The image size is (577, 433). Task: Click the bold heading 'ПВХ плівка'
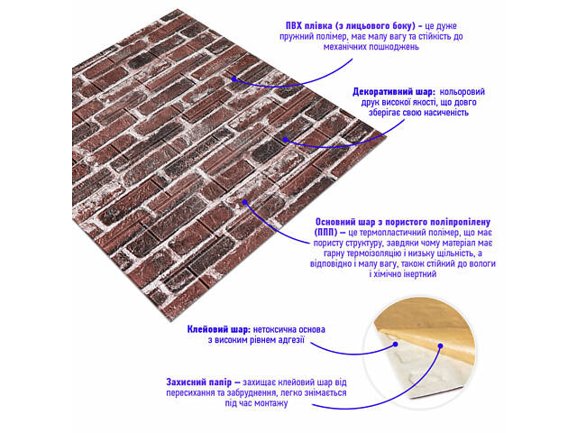[308, 26]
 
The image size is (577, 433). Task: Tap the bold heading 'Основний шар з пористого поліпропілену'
[403, 222]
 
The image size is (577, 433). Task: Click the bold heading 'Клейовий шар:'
[219, 329]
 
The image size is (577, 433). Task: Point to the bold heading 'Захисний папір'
[198, 382]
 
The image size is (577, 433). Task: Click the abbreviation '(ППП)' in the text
[325, 233]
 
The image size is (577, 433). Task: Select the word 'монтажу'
[272, 403]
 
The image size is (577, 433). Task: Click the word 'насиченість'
[446, 113]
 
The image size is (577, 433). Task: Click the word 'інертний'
[420, 274]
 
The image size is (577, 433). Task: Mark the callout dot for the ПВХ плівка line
[234, 78]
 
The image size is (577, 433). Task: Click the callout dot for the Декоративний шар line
[285, 139]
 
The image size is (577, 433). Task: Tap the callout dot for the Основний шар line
[245, 202]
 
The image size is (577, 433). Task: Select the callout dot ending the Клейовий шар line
[396, 345]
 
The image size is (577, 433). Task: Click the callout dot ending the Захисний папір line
[440, 345]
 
